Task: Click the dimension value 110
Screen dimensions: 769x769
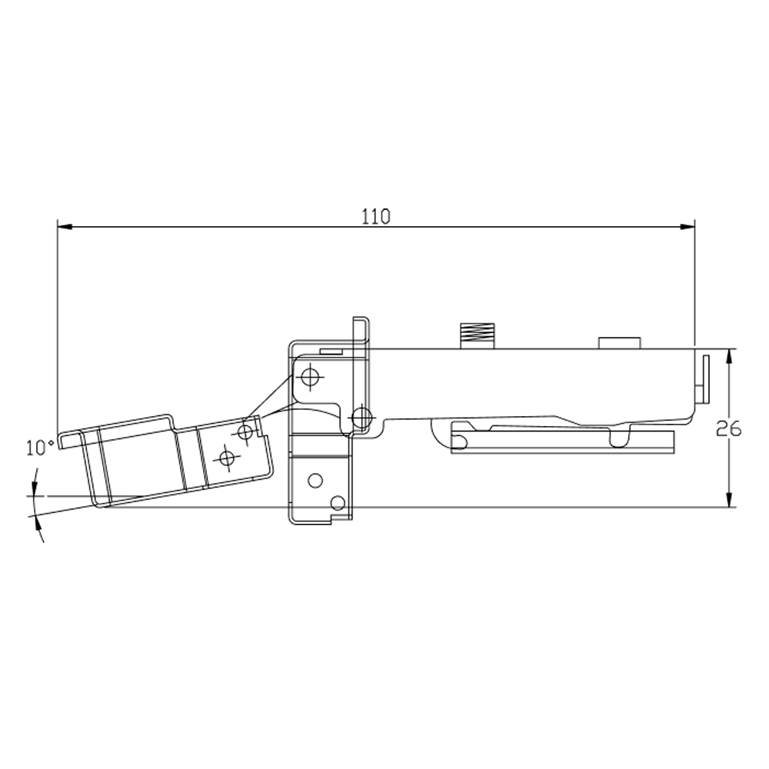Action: [376, 216]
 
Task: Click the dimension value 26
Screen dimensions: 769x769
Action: [728, 430]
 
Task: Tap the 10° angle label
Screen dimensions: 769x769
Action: [40, 448]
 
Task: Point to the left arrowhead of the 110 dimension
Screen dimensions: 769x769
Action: [65, 227]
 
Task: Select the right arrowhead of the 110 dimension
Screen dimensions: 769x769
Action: [687, 227]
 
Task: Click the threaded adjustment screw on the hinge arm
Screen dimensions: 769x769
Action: [477, 336]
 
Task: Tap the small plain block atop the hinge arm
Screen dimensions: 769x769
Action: [619, 343]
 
